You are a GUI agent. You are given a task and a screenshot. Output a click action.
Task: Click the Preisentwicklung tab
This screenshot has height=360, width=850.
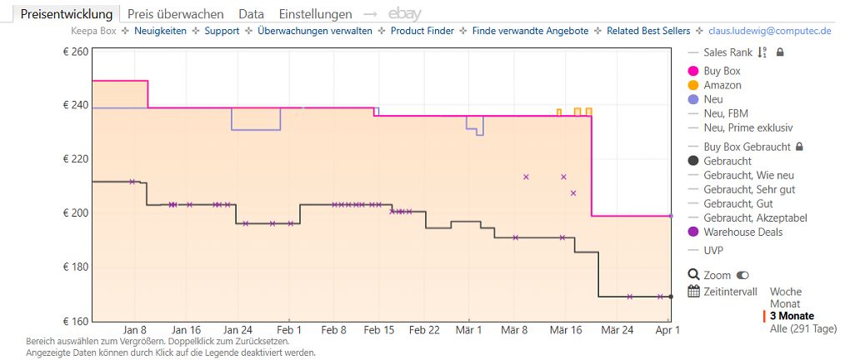click(67, 14)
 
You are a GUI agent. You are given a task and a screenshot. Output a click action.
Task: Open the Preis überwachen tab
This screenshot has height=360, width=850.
click(176, 14)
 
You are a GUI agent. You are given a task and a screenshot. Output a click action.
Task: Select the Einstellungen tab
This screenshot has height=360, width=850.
click(316, 14)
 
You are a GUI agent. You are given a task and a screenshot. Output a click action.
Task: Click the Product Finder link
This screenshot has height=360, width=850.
click(422, 31)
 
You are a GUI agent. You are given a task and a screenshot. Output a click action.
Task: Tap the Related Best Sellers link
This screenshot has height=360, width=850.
click(648, 31)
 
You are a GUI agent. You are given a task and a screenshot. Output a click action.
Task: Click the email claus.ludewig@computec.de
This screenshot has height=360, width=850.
click(770, 31)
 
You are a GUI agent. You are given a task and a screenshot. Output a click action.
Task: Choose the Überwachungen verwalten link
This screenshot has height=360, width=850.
click(315, 31)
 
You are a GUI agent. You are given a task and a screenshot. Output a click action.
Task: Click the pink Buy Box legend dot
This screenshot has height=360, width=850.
click(692, 71)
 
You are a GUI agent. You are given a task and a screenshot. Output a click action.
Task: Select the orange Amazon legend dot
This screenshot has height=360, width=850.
click(692, 85)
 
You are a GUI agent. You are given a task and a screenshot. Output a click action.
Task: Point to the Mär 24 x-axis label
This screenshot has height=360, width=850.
click(618, 330)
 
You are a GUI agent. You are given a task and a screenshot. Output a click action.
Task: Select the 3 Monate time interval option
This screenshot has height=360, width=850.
click(792, 316)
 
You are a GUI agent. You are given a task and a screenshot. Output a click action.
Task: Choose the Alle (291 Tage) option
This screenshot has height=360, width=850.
click(802, 328)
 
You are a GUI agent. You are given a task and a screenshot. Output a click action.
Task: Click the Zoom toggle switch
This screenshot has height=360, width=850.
click(742, 276)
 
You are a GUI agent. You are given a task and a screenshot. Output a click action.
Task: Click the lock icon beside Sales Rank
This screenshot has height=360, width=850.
click(780, 52)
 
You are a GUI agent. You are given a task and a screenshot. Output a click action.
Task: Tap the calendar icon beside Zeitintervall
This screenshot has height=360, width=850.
click(694, 291)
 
